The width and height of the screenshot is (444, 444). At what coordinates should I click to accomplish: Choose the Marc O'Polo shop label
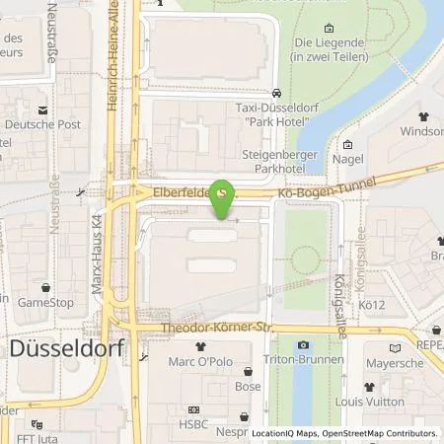coord(200,361)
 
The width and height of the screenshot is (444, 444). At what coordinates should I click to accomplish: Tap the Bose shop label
coord(248,387)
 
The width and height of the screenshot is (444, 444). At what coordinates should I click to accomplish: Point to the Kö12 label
coord(371,305)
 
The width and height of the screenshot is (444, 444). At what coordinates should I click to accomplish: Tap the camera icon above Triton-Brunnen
coord(303,344)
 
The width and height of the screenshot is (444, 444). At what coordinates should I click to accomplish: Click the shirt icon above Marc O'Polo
coord(201,346)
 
